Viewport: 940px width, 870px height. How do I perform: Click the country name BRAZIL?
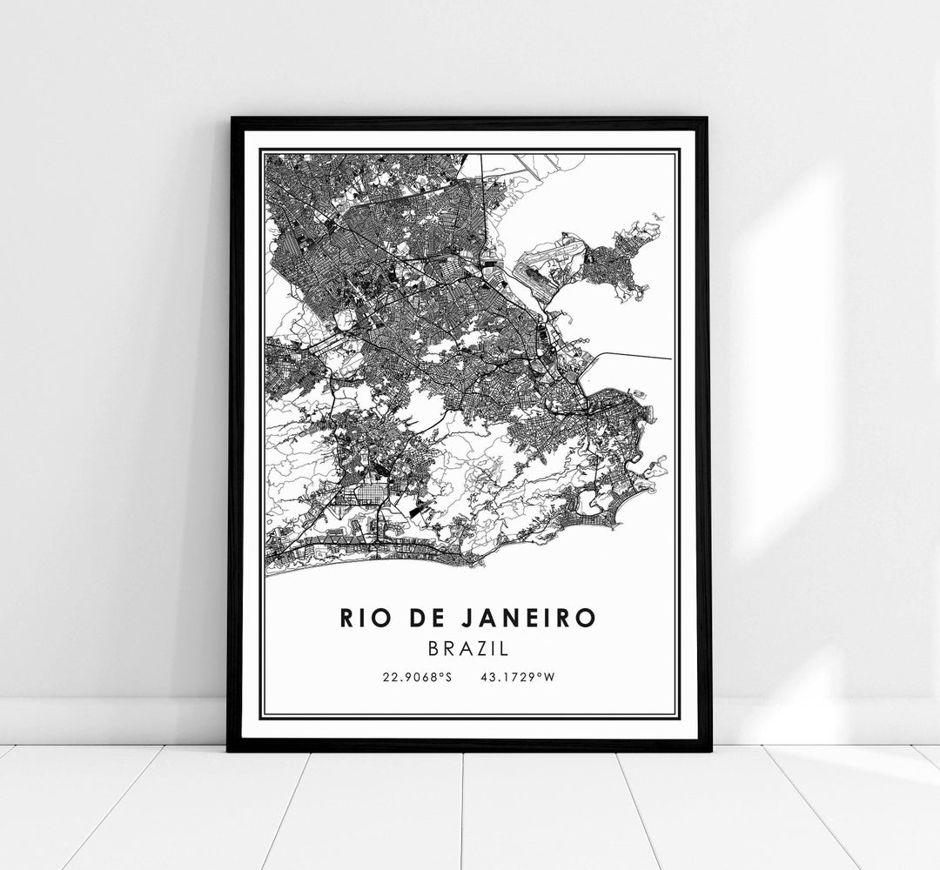[x=470, y=649]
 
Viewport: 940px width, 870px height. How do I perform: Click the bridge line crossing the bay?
[x=635, y=355]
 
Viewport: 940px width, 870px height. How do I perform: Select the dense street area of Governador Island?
[x=618, y=261]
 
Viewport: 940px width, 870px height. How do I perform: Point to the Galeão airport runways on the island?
[x=544, y=270]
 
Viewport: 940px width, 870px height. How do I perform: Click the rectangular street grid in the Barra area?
[x=361, y=496]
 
